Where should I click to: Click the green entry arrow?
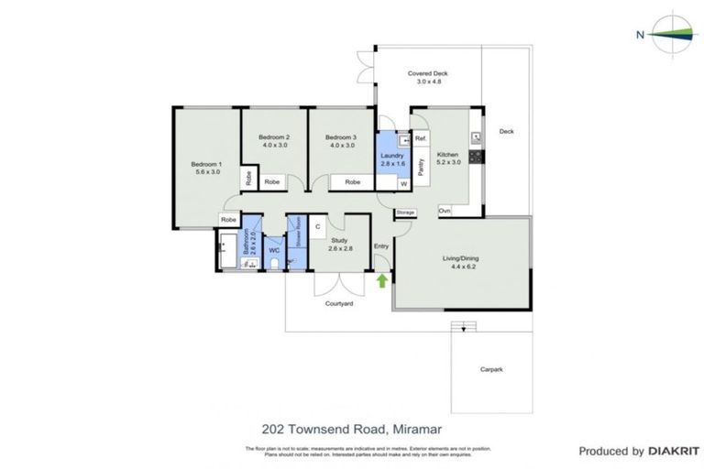382,280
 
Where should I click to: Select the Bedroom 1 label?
206,164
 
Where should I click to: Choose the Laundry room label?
391,157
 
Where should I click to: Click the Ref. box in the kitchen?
421,138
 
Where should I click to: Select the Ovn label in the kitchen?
445,212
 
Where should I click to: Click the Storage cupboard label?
406,213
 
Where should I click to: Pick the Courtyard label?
339,303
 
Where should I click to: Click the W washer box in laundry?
403,184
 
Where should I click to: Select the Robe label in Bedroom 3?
353,182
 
